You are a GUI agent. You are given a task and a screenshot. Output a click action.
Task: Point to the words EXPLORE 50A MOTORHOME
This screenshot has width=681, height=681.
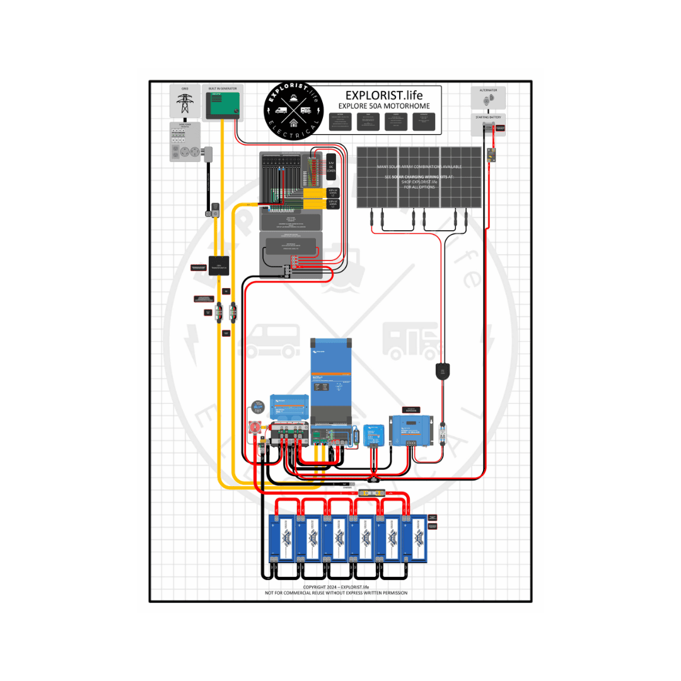[383, 106]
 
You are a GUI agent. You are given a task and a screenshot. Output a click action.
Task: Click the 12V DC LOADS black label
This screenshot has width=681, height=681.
[331, 167]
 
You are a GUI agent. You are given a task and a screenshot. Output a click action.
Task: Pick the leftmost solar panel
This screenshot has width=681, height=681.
[377, 177]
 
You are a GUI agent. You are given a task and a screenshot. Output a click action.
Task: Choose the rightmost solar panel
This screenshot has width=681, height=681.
[461, 177]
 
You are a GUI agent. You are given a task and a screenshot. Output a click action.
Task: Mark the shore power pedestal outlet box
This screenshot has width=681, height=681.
[185, 143]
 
